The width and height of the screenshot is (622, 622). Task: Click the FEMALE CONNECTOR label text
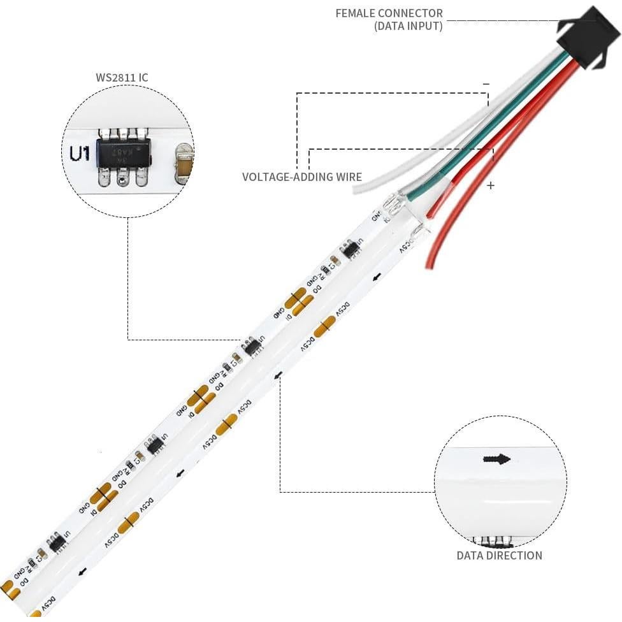click(x=389, y=13)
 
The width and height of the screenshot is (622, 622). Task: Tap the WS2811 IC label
click(x=122, y=78)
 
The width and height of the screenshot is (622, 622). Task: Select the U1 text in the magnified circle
click(x=78, y=154)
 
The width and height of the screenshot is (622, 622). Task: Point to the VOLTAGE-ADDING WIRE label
click(x=301, y=177)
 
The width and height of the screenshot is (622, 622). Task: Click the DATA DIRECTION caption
click(x=499, y=556)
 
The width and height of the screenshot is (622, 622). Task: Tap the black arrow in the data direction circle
click(x=497, y=459)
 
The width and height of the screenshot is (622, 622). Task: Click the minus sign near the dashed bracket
click(x=486, y=83)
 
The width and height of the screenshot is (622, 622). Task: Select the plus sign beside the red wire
click(x=490, y=185)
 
